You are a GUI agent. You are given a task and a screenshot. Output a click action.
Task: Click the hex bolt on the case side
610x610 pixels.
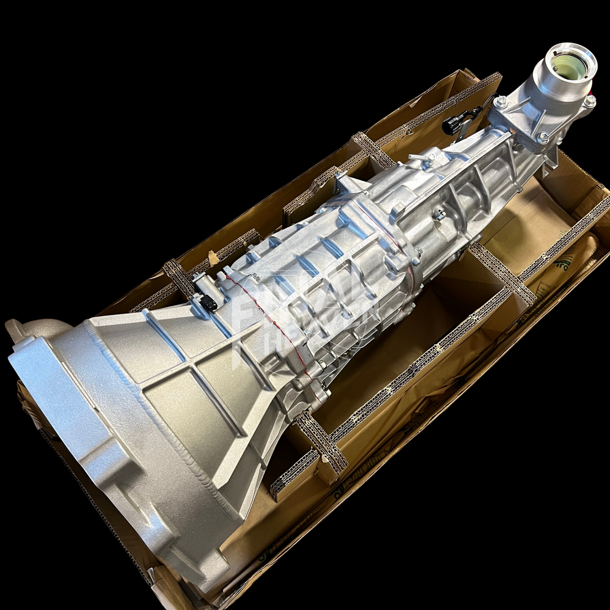pyautogui.click(x=439, y=214)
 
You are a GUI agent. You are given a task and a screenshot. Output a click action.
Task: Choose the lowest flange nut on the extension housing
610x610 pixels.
pyautogui.click(x=542, y=139)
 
